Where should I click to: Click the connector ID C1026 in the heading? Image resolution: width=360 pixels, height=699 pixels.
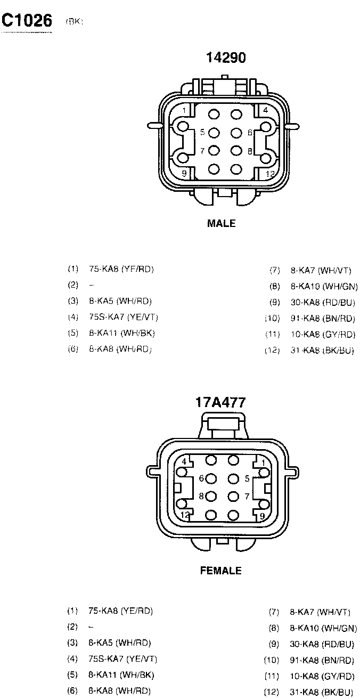(27, 20)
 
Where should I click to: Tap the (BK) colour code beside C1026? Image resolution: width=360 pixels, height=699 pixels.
(75, 22)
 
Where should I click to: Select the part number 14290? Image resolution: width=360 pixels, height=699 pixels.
(226, 58)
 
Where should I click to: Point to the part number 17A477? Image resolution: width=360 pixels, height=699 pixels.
(220, 402)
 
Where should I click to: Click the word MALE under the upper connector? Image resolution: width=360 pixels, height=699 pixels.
(221, 224)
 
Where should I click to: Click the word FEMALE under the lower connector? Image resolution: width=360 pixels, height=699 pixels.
(220, 571)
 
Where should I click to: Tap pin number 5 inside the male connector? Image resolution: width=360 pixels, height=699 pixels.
(202, 132)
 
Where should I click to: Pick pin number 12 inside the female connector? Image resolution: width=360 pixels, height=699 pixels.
(185, 515)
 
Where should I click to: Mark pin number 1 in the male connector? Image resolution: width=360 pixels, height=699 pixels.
(184, 111)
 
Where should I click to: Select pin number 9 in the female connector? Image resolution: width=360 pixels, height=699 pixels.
(262, 515)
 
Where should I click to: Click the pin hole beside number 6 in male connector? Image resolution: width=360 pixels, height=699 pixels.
(236, 132)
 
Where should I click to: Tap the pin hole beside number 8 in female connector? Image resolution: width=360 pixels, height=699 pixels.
(211, 497)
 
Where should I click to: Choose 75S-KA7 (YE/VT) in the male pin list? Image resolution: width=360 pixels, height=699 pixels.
(124, 317)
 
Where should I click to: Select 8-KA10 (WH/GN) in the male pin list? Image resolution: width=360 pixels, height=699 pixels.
(324, 287)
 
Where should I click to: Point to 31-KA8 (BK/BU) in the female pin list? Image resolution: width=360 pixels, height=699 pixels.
(321, 692)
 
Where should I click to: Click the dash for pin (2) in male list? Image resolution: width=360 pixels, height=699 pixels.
(92, 285)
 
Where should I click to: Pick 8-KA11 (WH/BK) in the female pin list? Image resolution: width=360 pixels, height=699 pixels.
(121, 675)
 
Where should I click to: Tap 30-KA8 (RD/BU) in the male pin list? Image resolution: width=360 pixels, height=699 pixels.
(322, 303)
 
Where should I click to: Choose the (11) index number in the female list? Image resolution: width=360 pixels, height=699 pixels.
(272, 677)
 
